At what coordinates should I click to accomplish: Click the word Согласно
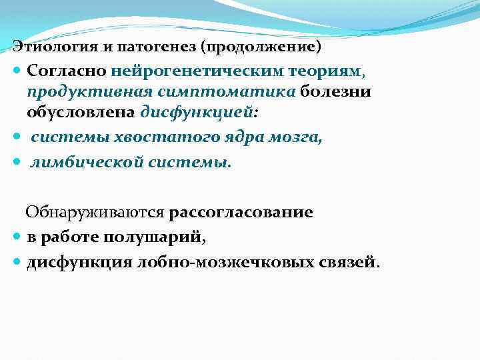pyautogui.click(x=67, y=70)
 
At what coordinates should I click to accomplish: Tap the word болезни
pyautogui.click(x=335, y=91)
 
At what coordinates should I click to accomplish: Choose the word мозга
pyautogui.click(x=295, y=138)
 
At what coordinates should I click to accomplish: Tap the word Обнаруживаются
pyautogui.click(x=95, y=213)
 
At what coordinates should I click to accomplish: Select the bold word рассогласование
pyautogui.click(x=241, y=213)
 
